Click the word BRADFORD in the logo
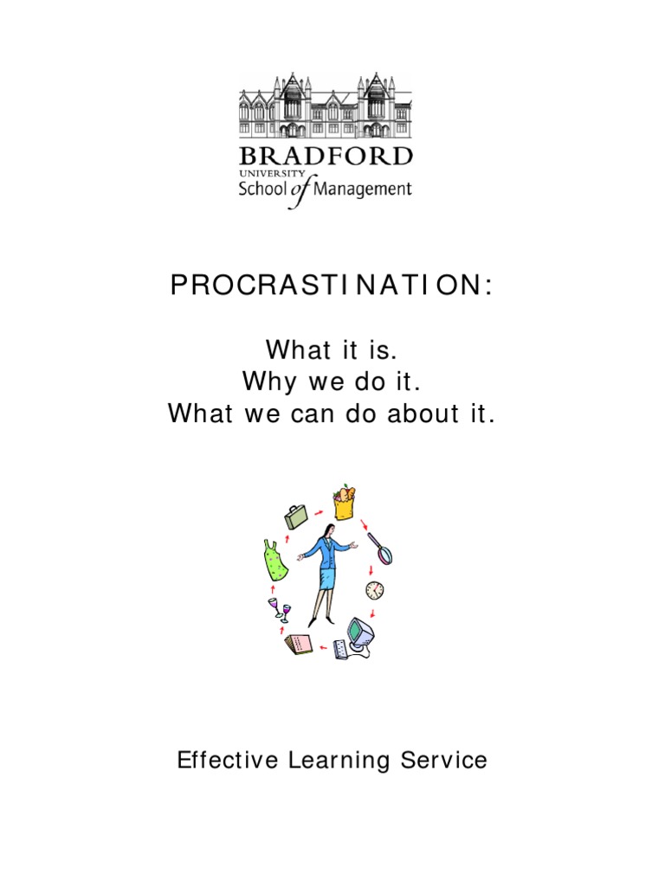[326, 157]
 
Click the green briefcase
[296, 517]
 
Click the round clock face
[374, 589]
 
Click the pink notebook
[299, 645]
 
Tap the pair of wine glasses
[280, 610]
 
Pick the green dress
[275, 561]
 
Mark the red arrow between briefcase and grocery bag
[319, 512]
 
